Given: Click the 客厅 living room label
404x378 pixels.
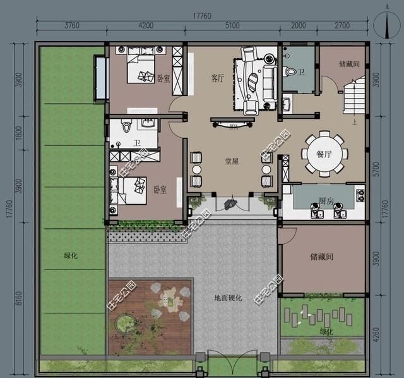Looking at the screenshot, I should click(218, 78).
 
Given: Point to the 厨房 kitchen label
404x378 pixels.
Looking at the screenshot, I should click(326, 200).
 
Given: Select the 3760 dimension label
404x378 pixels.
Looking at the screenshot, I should click(71, 26).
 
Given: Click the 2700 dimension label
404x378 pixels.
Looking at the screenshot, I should click(342, 26).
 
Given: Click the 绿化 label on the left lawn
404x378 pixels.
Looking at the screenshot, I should click(71, 256).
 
